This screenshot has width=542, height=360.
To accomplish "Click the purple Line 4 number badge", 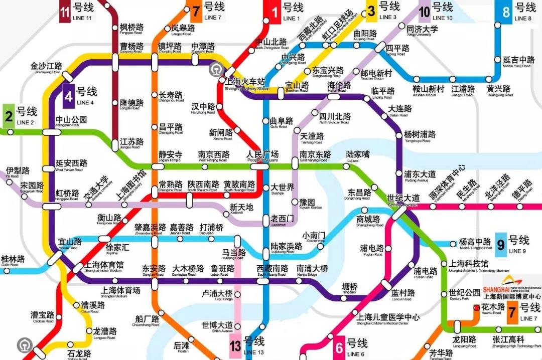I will pos(69,95).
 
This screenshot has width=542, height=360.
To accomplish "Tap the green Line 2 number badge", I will pos(9,114).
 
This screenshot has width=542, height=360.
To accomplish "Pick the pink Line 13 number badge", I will pos(236,345).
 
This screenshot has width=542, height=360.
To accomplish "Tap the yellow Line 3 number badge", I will pos(371,11).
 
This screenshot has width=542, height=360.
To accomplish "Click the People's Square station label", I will pos(262,155).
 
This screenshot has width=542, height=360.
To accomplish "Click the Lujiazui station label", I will pos(358,155).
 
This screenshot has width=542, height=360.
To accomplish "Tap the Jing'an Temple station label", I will pos(170,155).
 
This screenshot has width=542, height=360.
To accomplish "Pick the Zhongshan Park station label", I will pos(71,120).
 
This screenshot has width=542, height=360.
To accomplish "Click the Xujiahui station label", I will pos(117,248).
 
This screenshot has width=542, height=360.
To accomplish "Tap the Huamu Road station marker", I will pos(475,306).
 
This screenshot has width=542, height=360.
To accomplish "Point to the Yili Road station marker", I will pos(10,182).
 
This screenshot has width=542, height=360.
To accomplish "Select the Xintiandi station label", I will pos(242,208).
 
